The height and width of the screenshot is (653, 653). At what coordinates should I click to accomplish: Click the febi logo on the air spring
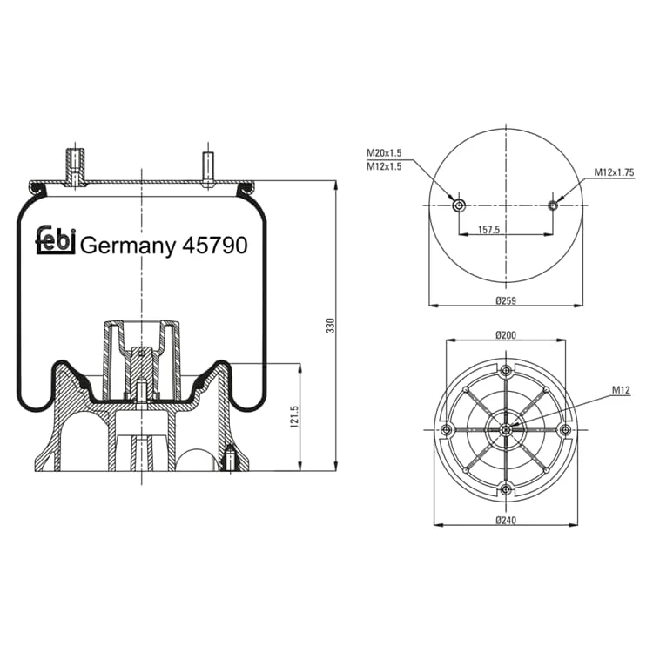[56, 240]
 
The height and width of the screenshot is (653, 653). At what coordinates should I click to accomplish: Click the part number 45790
[215, 246]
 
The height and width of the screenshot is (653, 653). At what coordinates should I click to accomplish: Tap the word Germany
[128, 246]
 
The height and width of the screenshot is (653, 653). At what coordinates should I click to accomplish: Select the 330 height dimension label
[330, 326]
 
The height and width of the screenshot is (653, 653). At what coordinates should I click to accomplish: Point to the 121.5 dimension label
[294, 416]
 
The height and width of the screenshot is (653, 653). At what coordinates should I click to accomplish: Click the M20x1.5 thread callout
[384, 153]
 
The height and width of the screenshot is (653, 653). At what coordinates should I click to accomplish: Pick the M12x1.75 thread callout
[615, 172]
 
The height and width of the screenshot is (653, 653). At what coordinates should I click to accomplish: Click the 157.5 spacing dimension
[489, 230]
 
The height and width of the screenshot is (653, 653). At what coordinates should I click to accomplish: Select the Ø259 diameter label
[506, 300]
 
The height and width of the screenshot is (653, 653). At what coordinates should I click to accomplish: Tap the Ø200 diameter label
[506, 334]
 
